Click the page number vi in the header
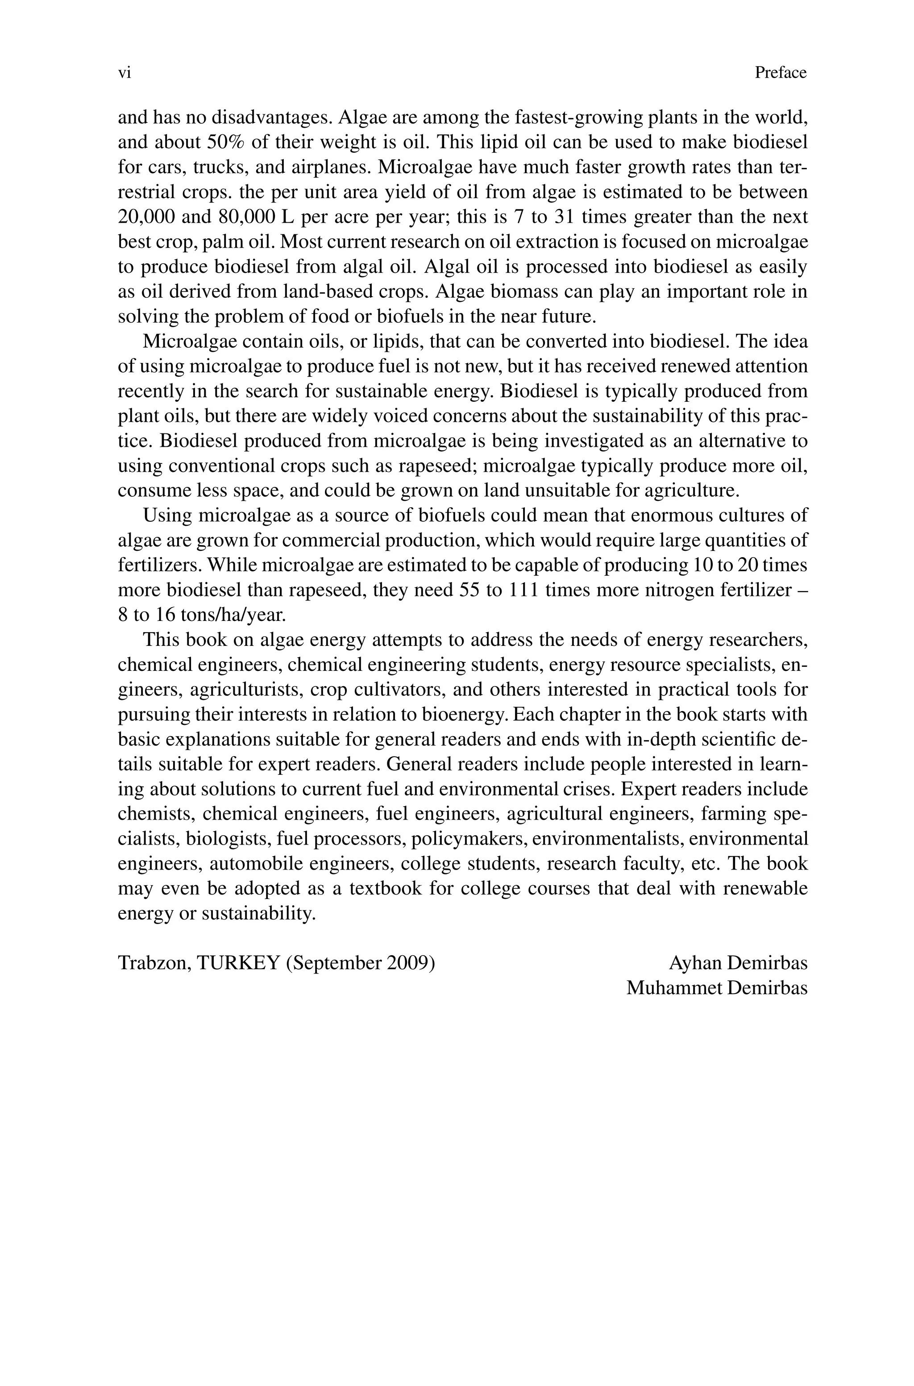coord(124,73)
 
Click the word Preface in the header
coord(781,73)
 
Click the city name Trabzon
coord(154,963)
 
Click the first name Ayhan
coord(695,963)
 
